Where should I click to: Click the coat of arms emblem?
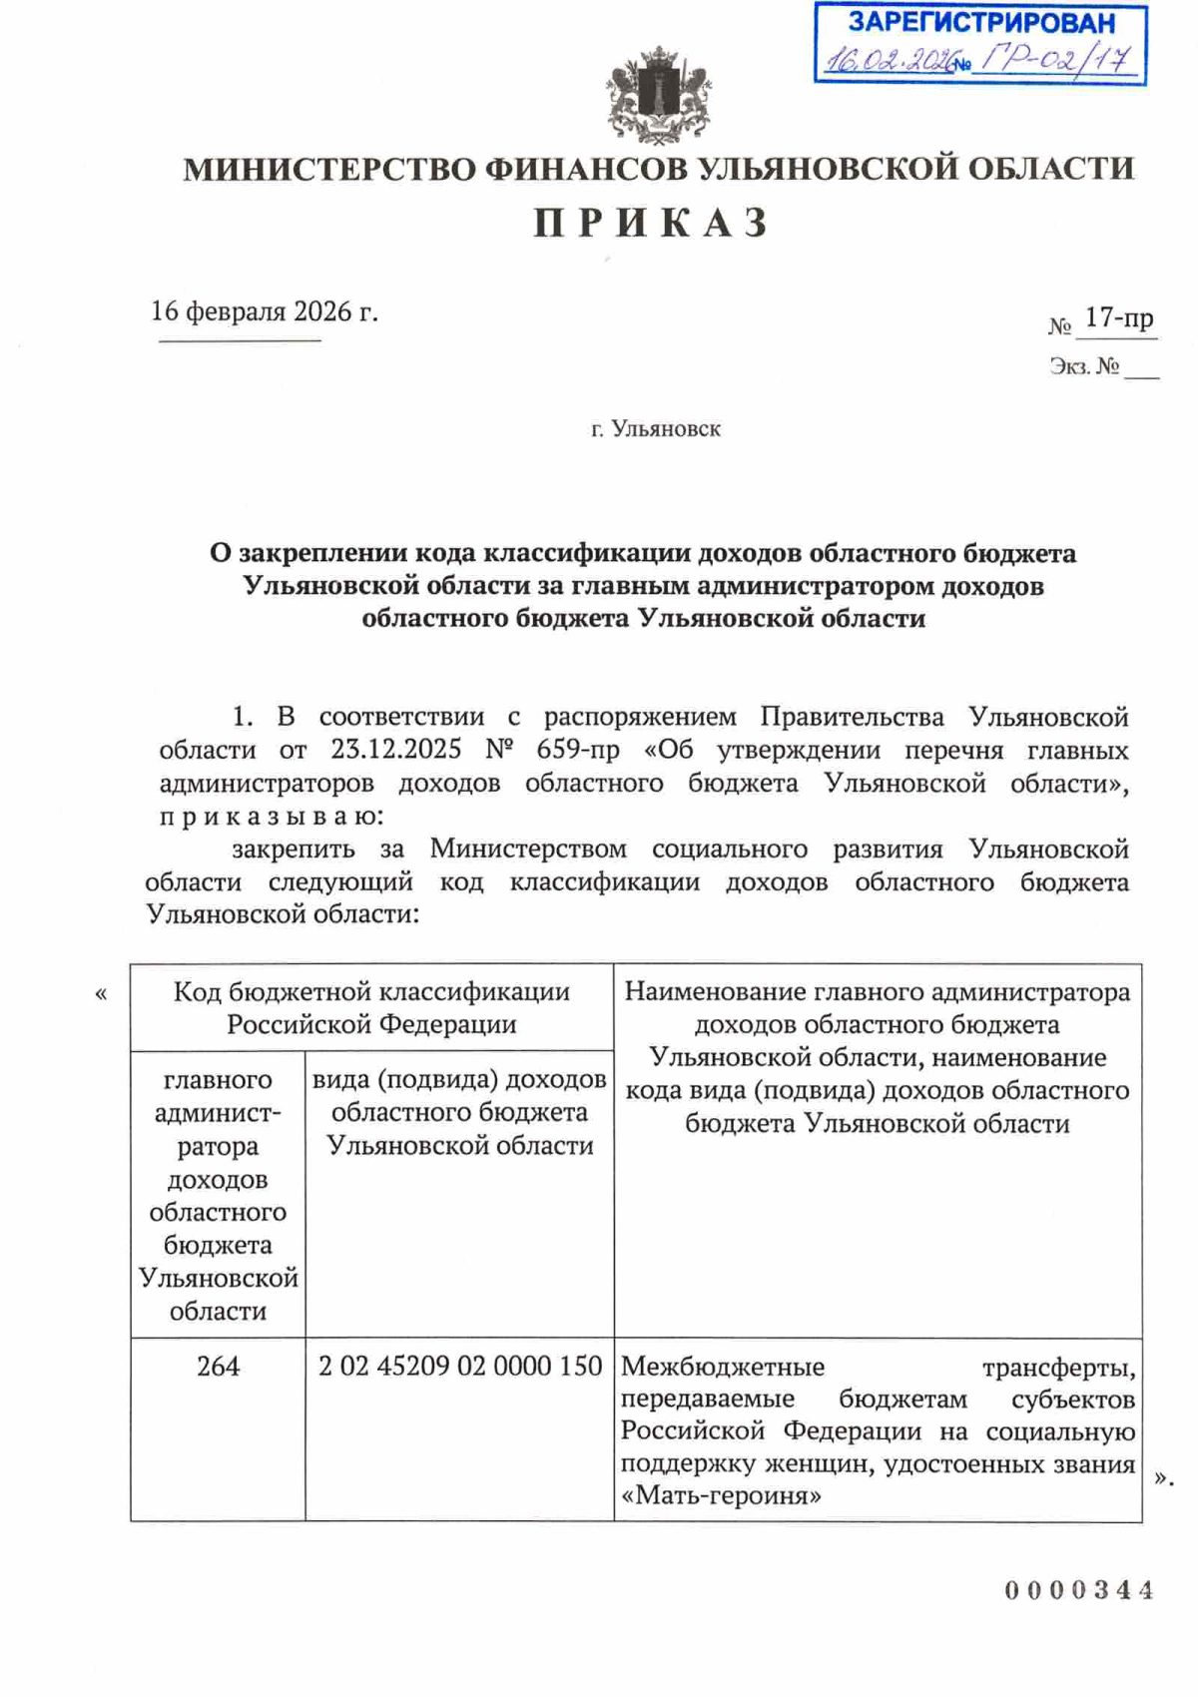tap(658, 95)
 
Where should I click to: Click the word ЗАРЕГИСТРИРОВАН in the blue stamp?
tap(980, 23)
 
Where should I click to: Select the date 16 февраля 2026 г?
tap(264, 311)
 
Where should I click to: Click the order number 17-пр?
tap(1118, 318)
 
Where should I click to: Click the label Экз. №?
tap(1083, 366)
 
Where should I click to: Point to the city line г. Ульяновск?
tap(655, 429)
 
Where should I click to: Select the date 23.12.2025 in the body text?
tap(396, 750)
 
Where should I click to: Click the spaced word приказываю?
tap(270, 817)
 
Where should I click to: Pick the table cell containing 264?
tap(218, 1366)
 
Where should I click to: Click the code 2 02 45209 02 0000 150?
tap(459, 1366)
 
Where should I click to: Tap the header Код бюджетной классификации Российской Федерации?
tap(371, 1007)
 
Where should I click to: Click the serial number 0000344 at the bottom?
tap(1079, 1590)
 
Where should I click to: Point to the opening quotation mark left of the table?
tap(100, 994)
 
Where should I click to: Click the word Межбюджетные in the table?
tap(722, 1367)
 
